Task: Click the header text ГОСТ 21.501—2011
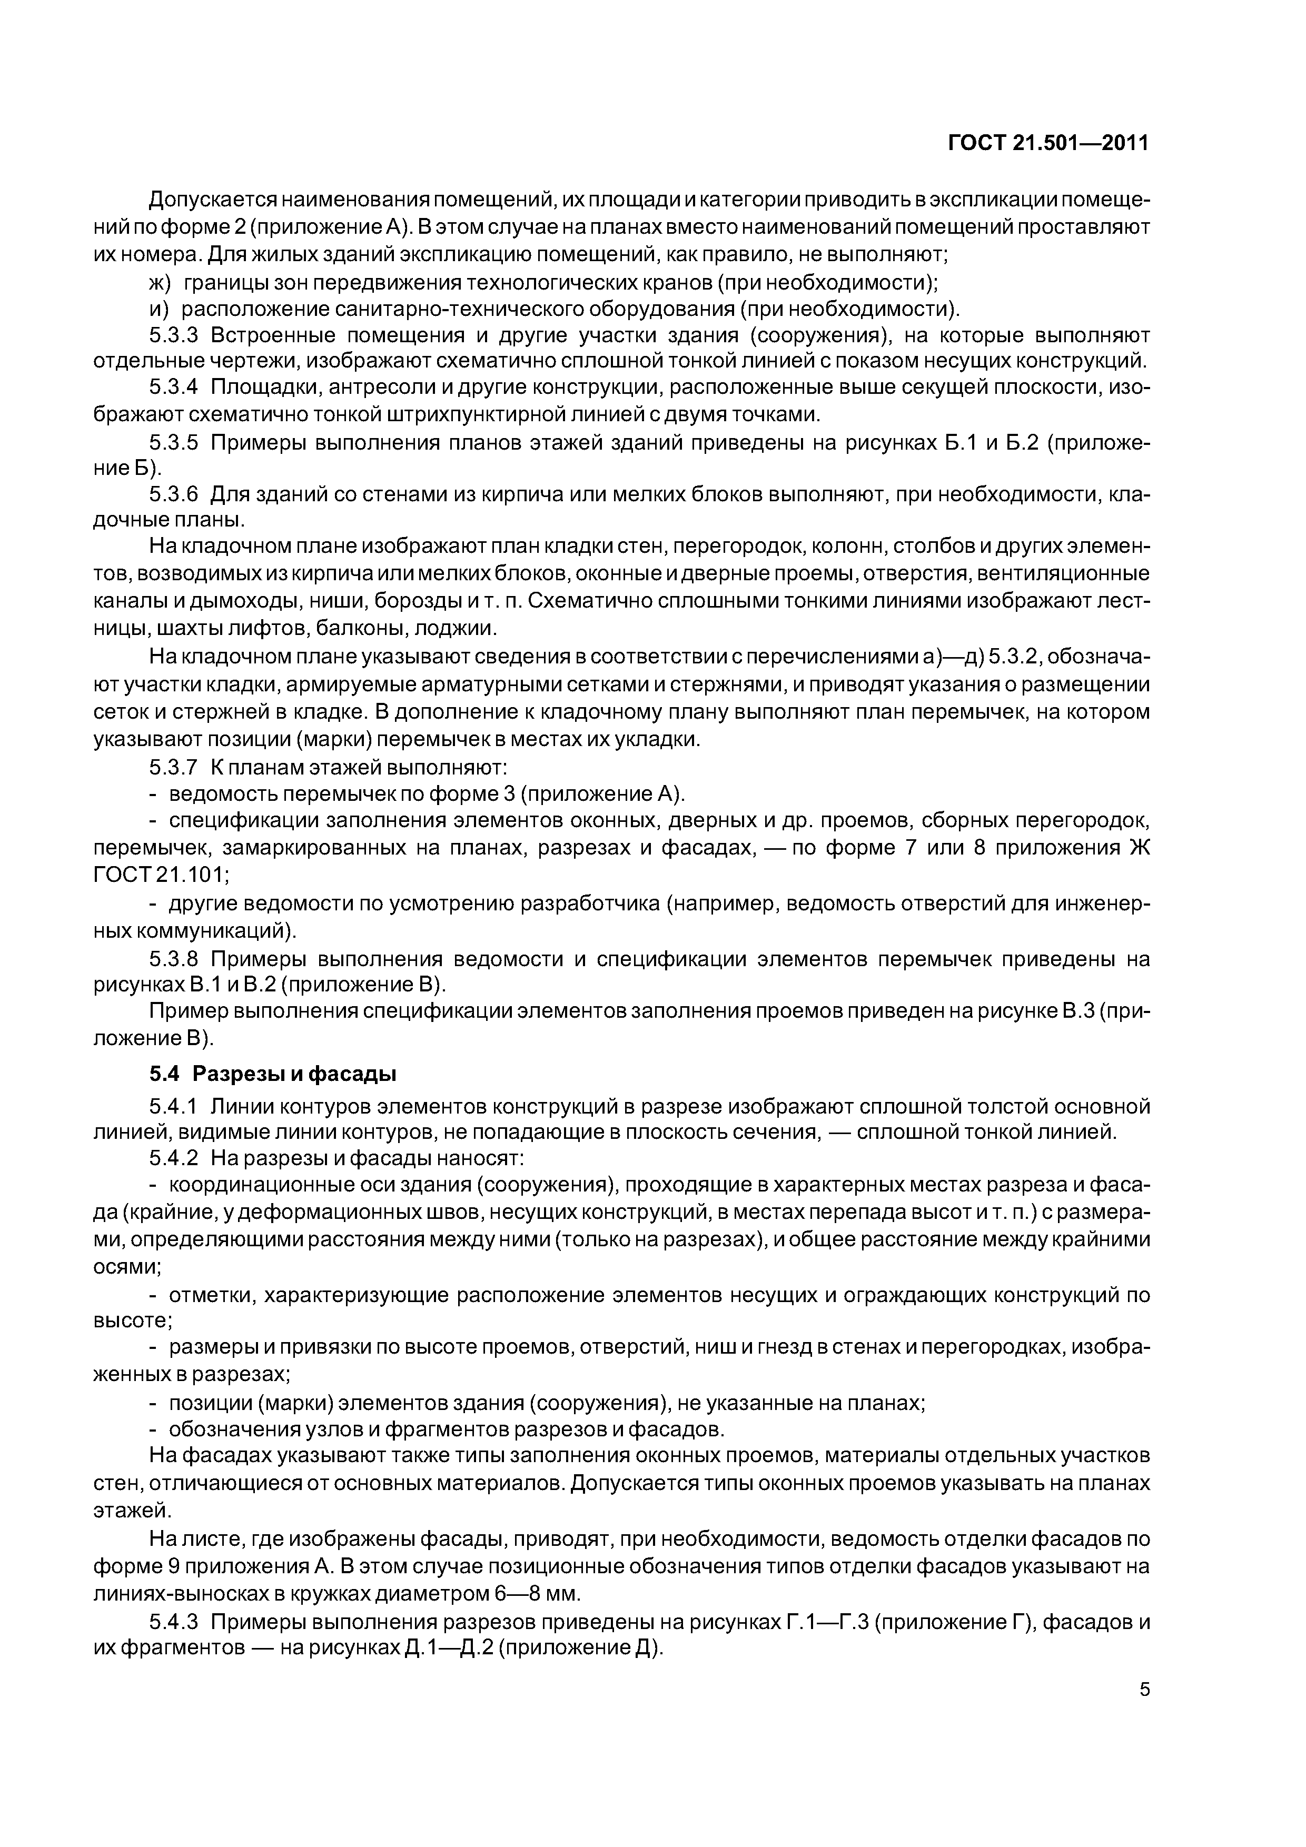[x=1048, y=143]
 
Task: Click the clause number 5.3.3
[x=173, y=335]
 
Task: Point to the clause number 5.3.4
[x=173, y=388]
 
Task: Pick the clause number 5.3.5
[x=173, y=442]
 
